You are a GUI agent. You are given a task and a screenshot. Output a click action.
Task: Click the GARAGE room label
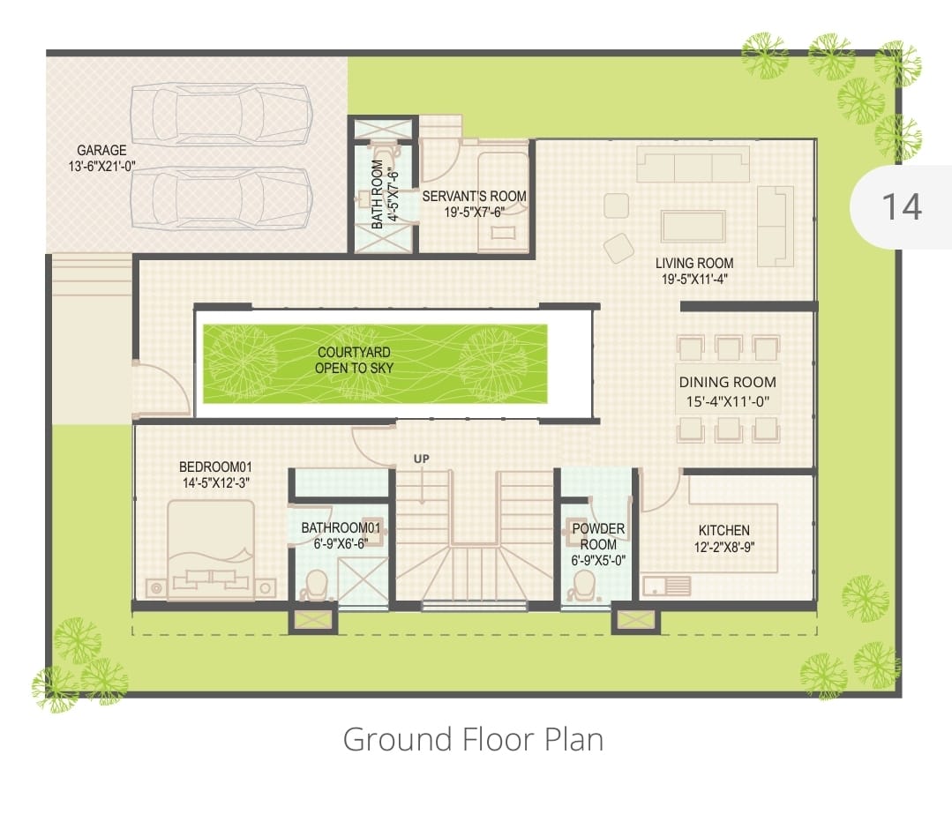pos(101,150)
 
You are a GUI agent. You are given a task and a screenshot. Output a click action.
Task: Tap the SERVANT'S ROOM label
pos(474,196)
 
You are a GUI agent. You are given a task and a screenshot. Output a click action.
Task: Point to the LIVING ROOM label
pos(694,263)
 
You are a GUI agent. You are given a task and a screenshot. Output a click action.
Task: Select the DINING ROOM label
pos(727,382)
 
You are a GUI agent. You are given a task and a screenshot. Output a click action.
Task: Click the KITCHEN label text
pos(723,530)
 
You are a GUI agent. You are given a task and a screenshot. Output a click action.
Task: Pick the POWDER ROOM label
pos(598,536)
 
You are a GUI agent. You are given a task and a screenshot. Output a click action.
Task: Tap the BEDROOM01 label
pos(215,467)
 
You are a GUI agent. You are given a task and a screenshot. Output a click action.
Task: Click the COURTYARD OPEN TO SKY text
pos(354,360)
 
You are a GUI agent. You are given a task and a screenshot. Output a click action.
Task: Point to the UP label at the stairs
pos(422,459)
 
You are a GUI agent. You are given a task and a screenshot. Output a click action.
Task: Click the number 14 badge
pos(902,206)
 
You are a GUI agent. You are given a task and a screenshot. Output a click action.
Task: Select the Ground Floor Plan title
pos(473,739)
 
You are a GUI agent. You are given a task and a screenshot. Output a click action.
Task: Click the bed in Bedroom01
pos(211,550)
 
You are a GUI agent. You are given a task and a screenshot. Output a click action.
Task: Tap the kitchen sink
pos(667,586)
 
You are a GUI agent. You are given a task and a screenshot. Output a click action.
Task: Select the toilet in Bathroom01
pos(314,586)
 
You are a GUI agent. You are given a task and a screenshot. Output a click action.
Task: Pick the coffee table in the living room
pos(693,227)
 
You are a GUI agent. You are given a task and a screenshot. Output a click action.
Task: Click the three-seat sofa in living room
pos(693,164)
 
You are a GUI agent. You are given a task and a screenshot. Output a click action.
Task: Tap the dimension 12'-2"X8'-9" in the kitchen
pos(723,546)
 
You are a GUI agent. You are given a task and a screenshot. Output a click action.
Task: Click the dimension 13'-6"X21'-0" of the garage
pos(101,167)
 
